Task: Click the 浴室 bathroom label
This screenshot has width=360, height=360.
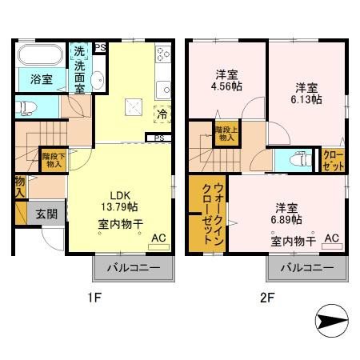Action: [x=42, y=80]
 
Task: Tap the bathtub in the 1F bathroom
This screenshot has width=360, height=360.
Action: [x=42, y=58]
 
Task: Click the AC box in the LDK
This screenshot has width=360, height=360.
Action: [x=158, y=238]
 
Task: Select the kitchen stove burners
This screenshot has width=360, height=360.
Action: [x=162, y=56]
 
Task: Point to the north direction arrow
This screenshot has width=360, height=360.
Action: [x=328, y=322]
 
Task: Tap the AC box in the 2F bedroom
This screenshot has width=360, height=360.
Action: [x=331, y=238]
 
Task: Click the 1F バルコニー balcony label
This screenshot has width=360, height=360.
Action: [x=134, y=268]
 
